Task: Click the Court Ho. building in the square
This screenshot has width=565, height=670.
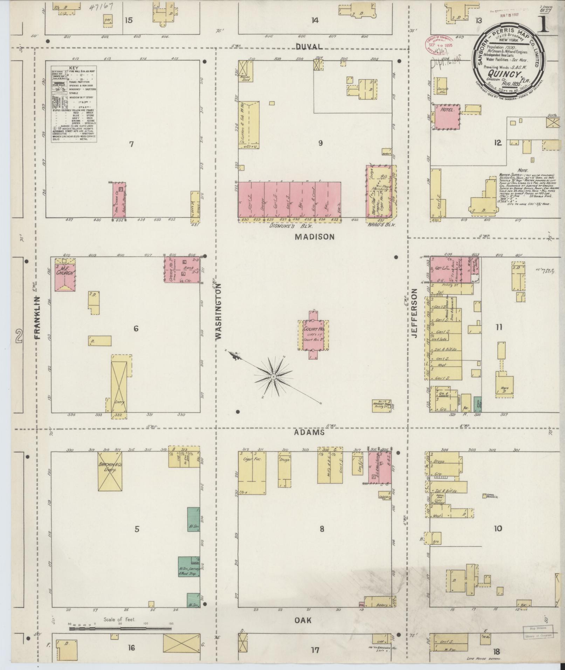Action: (313, 334)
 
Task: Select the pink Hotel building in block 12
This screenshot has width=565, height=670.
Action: (447, 117)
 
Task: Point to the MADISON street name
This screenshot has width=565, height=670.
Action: (314, 237)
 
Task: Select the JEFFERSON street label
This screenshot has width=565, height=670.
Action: (415, 313)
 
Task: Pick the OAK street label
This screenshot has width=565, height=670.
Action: (303, 620)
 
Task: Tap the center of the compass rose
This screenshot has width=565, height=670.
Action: (273, 377)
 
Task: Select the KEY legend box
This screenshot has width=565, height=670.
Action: (74, 104)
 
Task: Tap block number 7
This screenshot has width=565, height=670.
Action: (131, 144)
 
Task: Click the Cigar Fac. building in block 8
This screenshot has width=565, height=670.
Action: (252, 473)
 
